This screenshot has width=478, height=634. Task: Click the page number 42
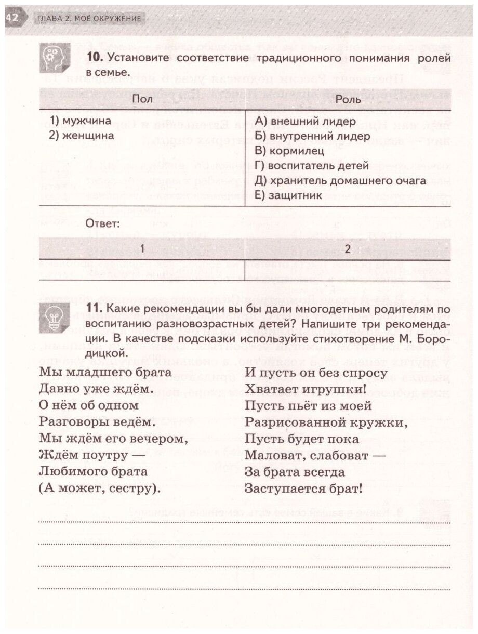point(11,18)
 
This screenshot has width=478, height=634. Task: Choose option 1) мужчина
point(81,121)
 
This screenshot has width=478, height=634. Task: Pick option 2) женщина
point(82,136)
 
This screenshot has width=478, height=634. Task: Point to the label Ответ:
point(103,224)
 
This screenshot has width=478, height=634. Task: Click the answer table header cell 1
point(141,249)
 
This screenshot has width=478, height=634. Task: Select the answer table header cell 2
point(348,249)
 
